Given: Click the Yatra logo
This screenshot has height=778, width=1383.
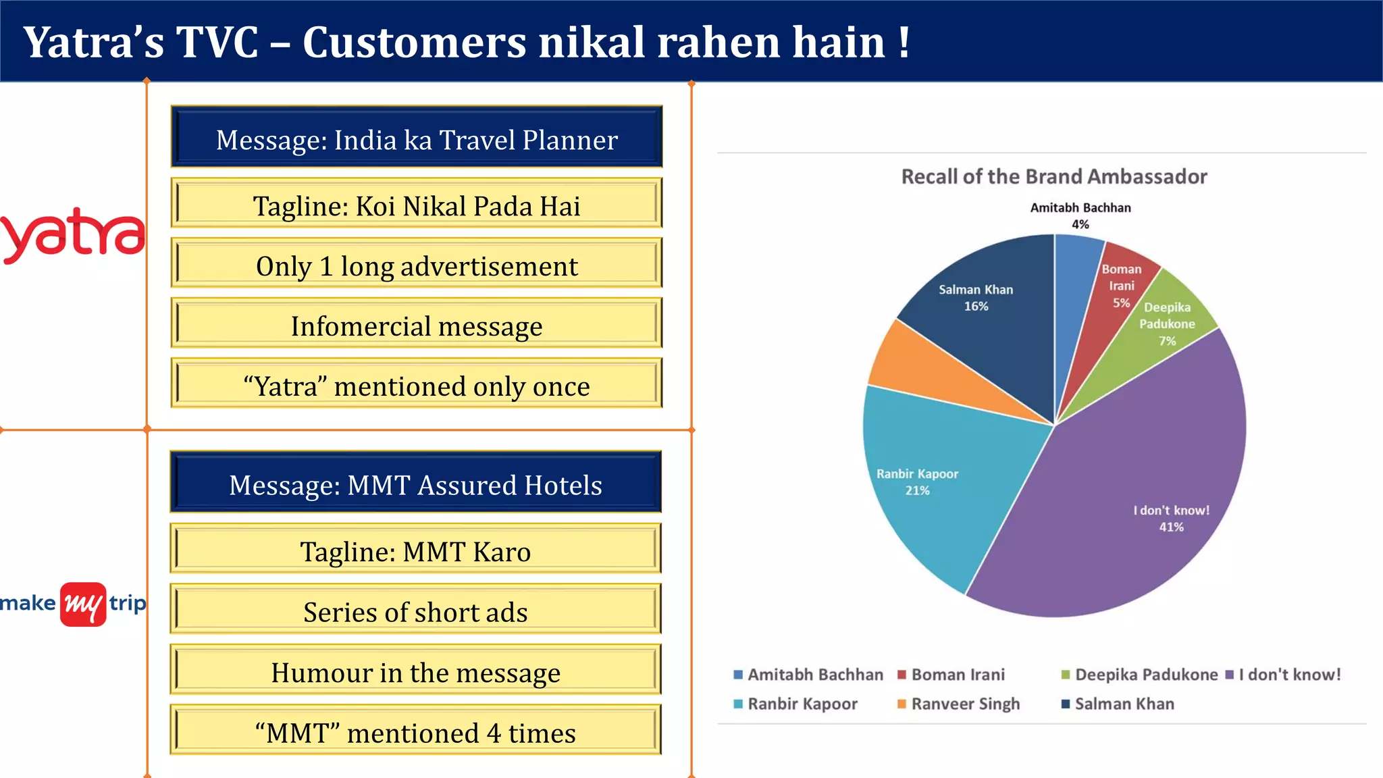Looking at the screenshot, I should tap(72, 235).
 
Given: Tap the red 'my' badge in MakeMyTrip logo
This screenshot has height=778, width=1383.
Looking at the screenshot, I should tap(83, 604).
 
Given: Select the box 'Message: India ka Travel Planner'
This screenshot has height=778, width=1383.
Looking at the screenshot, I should tap(417, 137).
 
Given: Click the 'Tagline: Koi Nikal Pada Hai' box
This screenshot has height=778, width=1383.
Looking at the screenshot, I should tap(417, 205).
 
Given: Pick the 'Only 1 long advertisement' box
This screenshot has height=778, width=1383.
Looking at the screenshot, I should tap(417, 265).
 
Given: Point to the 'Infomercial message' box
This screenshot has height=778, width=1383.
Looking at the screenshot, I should tap(417, 325).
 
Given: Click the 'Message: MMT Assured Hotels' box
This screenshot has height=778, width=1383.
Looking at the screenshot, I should tap(415, 483).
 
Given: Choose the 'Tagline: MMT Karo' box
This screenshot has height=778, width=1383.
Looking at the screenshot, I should tap(415, 550).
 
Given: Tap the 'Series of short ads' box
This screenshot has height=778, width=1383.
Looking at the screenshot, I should tap(415, 611).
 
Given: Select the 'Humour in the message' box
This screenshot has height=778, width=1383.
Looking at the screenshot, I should tap(415, 671).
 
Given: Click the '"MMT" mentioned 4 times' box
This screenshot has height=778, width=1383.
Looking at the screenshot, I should tap(415, 731).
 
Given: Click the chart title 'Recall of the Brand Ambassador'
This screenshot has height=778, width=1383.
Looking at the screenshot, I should tap(1053, 176).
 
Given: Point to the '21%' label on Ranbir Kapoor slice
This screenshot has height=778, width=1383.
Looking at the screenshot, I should tap(917, 490).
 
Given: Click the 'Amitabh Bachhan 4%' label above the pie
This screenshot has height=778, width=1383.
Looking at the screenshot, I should tap(1080, 215).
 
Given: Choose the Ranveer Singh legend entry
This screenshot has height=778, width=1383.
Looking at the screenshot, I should tap(965, 704).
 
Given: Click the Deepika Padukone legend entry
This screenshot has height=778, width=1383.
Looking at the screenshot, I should tap(1146, 674).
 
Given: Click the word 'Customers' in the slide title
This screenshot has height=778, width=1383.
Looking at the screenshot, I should tap(414, 42).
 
